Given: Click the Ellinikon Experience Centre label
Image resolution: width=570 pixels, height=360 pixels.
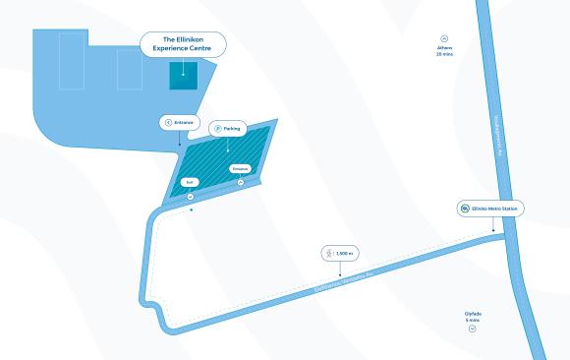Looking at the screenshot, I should click(183, 44).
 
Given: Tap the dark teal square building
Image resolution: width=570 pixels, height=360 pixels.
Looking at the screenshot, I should click(183, 76).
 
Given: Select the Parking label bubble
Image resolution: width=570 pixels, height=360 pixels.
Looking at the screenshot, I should click(228, 128).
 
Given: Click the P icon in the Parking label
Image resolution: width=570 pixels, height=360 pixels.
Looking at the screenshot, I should click(216, 128).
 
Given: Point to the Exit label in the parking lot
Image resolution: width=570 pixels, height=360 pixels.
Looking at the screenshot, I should click(191, 182).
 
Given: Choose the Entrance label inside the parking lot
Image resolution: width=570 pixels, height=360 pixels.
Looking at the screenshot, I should click(241, 169).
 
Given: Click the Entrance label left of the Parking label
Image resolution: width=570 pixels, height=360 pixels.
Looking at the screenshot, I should click(179, 122).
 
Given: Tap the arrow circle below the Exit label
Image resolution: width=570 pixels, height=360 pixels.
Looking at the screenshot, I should click(191, 196).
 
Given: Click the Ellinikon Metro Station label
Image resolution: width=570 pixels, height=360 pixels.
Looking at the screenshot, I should click(490, 209).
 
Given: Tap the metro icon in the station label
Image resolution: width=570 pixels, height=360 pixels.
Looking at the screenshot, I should click(465, 209).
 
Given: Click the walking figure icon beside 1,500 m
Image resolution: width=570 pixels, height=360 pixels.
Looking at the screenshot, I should click(327, 253).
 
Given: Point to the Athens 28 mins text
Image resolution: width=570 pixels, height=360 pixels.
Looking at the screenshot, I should click(444, 51).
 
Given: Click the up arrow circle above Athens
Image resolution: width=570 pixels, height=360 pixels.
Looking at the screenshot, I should click(444, 36).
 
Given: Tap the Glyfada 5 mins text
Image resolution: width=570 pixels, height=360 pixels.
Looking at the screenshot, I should click(473, 317).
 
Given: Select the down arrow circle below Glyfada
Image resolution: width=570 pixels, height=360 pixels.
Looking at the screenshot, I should click(473, 329).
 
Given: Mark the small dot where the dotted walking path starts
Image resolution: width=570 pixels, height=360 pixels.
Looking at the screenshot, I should click(191, 210).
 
